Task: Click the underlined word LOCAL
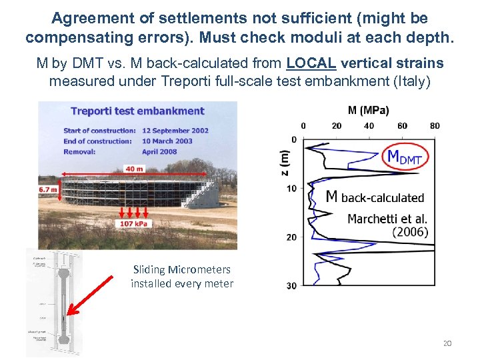[311, 63]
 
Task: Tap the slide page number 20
[447, 343]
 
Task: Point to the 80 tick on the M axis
[435, 125]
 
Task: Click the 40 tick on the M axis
[369, 125]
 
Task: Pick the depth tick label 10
[291, 188]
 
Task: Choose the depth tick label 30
[291, 286]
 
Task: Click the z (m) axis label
[285, 162]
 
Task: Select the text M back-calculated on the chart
[375, 197]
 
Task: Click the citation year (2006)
[410, 232]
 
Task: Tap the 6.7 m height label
[49, 189]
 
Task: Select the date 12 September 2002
[175, 130]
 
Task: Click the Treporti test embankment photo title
[137, 111]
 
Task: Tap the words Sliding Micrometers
[182, 270]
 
